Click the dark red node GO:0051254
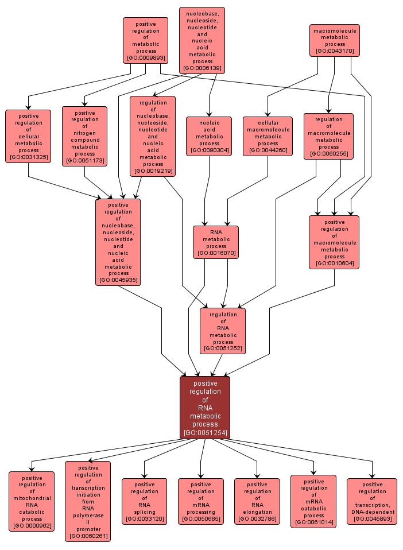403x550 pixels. [x=205, y=407]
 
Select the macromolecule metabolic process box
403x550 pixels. [x=335, y=40]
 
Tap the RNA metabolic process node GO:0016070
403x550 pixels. [x=216, y=242]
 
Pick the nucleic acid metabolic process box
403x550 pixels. [x=209, y=136]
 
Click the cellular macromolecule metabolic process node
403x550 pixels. [x=268, y=136]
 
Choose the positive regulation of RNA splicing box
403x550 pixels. [x=144, y=501]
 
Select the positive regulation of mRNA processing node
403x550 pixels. [x=201, y=501]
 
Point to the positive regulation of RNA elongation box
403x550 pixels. [x=257, y=501]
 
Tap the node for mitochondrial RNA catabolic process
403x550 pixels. [x=32, y=501]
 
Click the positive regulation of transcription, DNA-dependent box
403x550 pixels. [x=372, y=501]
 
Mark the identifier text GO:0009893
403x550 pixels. [x=145, y=58]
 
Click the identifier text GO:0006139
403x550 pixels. [x=202, y=68]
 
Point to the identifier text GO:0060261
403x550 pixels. [x=88, y=537]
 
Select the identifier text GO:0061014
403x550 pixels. [x=313, y=523]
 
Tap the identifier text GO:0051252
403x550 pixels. [x=223, y=348]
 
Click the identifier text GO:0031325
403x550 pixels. [x=28, y=157]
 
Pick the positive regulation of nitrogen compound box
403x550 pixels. [x=84, y=136]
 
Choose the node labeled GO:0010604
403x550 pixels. [x=334, y=242]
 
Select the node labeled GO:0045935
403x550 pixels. [x=118, y=242]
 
